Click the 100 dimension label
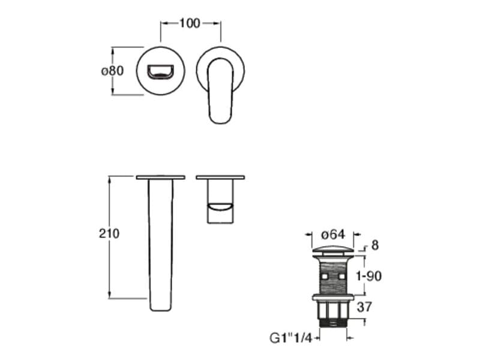[x=190, y=23]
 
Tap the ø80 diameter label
[x=112, y=71]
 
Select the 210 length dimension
[x=109, y=233]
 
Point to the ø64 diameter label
[x=333, y=235]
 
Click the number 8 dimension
[x=375, y=245]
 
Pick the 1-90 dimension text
[x=369, y=276]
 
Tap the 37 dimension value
[x=364, y=307]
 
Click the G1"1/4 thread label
[x=291, y=338]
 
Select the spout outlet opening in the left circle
[x=160, y=72]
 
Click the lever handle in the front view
[x=221, y=91]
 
